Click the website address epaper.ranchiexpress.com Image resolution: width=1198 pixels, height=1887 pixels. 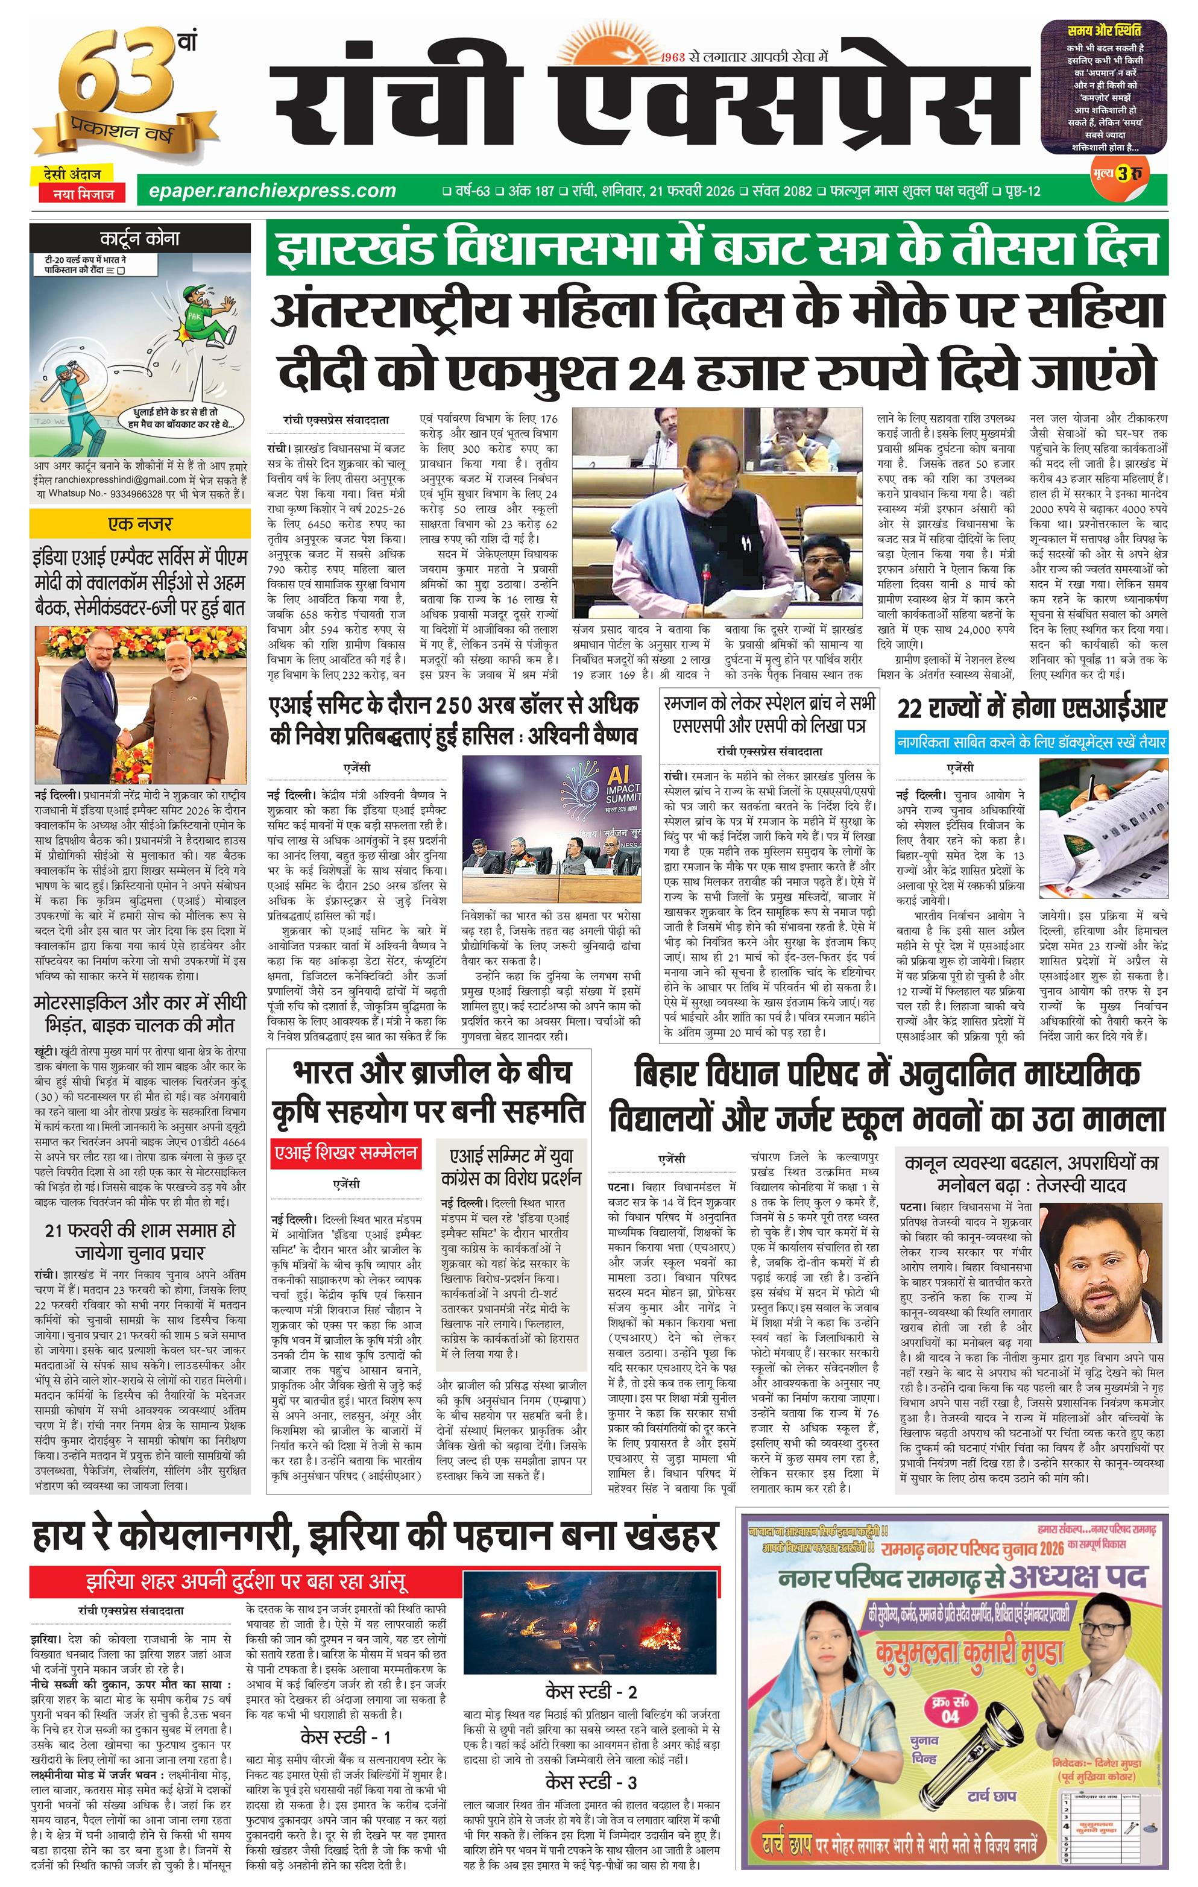[266, 191]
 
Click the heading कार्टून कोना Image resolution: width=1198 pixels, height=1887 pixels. [139, 238]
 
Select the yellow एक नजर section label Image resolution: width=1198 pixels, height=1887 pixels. [139, 523]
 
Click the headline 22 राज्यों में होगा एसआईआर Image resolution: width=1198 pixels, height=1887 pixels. [1031, 709]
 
